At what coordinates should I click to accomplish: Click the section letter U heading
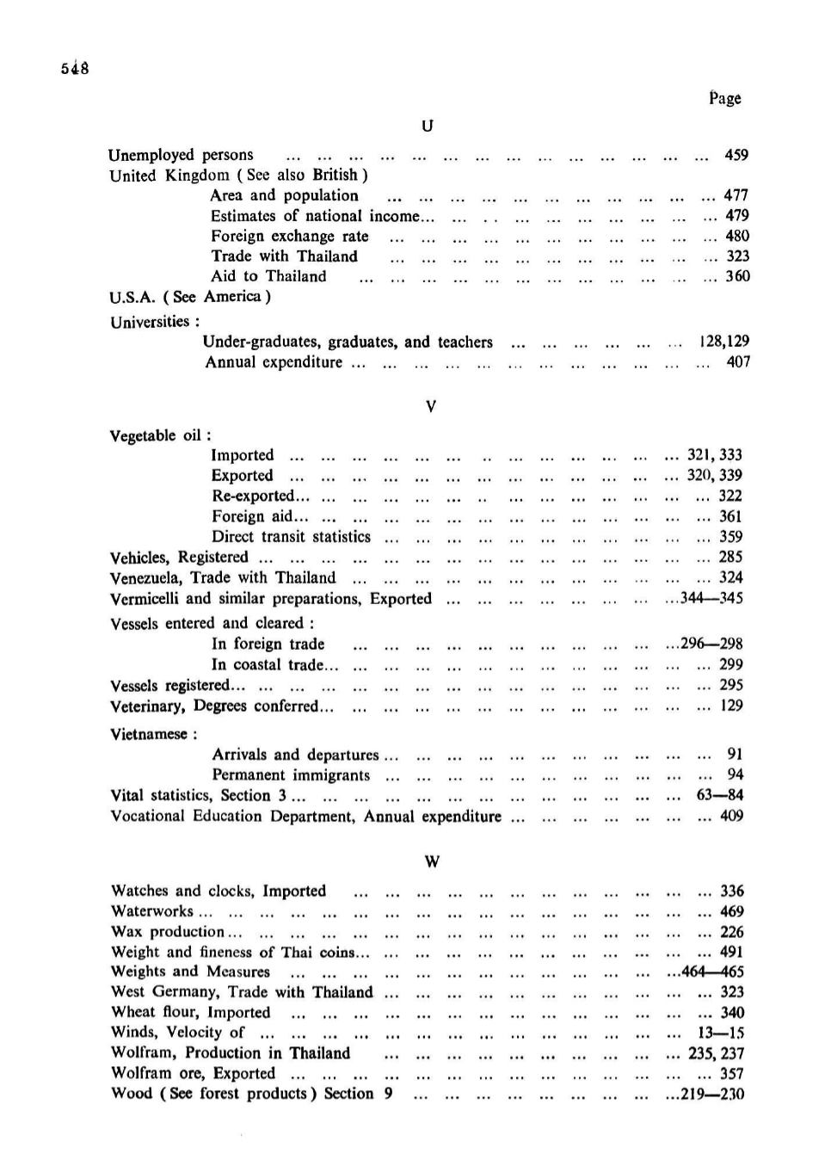[x=428, y=126]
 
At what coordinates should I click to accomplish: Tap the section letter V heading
[x=431, y=406]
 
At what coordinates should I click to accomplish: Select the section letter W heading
[x=433, y=861]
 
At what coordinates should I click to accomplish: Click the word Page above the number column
[x=724, y=98]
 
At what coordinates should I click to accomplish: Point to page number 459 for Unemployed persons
[x=736, y=155]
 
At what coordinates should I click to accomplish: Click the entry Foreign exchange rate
[x=290, y=237]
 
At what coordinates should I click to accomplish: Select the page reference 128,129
[x=723, y=342]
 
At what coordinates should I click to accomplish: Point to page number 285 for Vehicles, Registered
[x=730, y=558]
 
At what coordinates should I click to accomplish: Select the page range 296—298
[x=711, y=644]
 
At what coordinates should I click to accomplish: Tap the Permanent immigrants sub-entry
[x=291, y=775]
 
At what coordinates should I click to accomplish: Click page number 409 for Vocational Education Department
[x=731, y=816]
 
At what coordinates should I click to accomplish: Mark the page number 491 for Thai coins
[x=731, y=953]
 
